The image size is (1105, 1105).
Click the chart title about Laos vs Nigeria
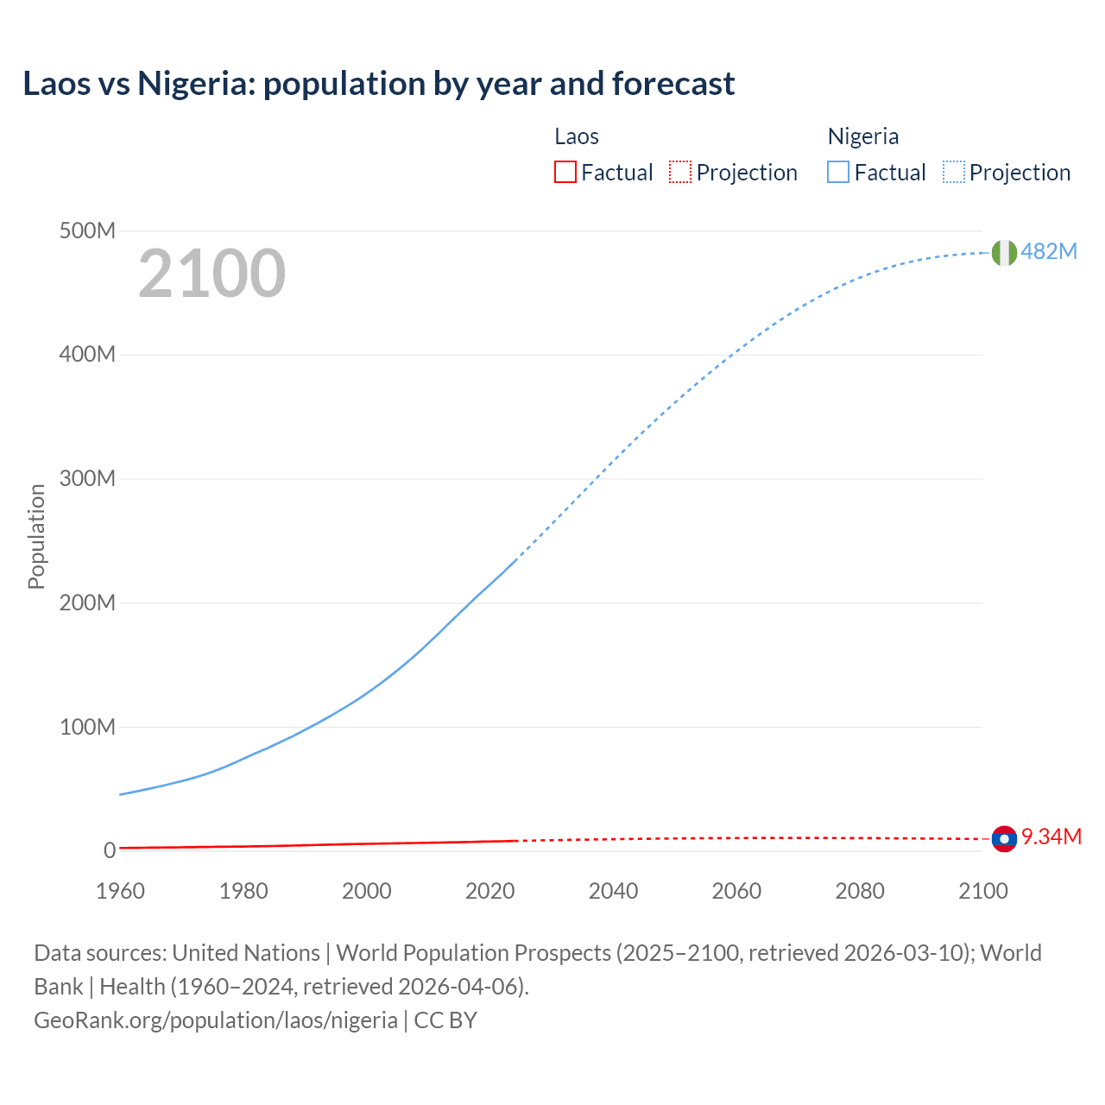pos(379,84)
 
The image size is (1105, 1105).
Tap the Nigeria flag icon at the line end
pos(1003,252)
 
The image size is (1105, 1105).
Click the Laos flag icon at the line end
pos(1003,838)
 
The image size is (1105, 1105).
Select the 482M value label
pos(1049,251)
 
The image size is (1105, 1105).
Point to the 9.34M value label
pos(1051,837)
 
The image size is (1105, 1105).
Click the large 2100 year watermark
pos(212,274)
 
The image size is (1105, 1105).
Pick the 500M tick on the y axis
pos(87,231)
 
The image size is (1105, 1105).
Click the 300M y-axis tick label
pos(87,479)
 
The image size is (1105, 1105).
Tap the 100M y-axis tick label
pos(87,727)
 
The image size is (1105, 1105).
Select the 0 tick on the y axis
pos(109,850)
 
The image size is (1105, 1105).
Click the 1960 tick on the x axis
pos(120,891)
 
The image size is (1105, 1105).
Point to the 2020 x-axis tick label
pos(489,891)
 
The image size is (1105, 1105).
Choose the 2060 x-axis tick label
pos(736,891)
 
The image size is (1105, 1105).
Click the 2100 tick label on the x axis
pos(982,891)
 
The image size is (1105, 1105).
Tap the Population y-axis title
pos(36,536)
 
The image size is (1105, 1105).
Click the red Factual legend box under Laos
pos(565,173)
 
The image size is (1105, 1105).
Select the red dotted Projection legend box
pos(680,173)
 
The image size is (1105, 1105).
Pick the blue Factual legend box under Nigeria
pos(838,173)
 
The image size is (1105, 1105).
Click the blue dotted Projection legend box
pos(953,173)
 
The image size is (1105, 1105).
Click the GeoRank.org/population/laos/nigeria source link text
pos(216,1020)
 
